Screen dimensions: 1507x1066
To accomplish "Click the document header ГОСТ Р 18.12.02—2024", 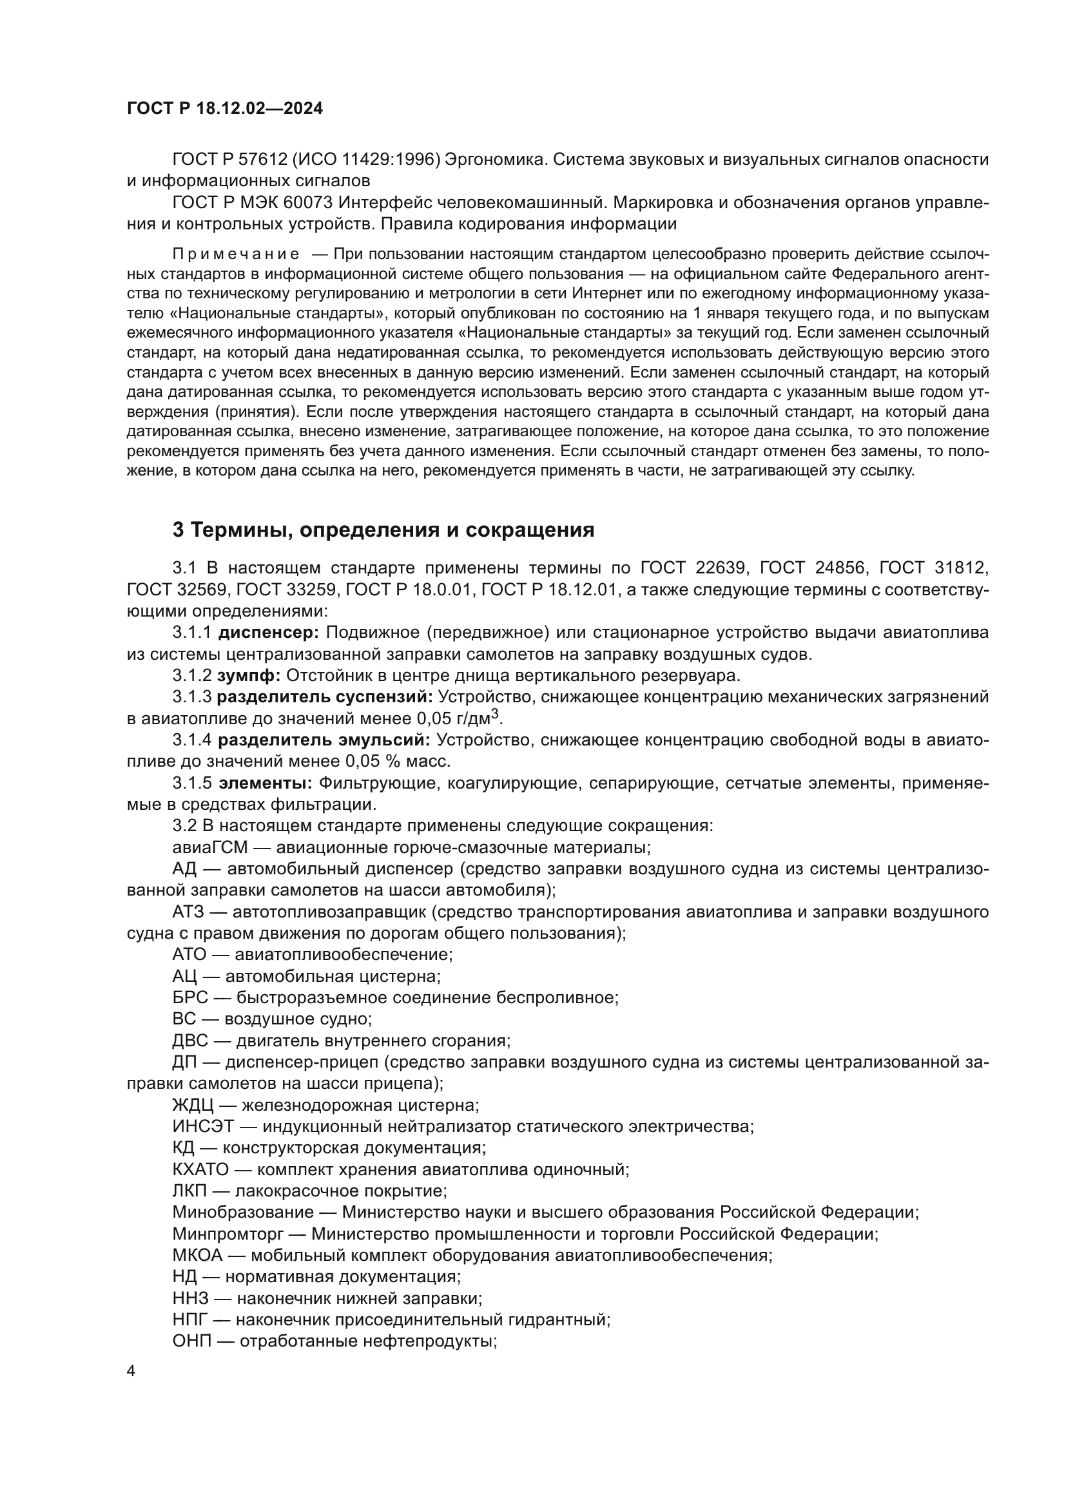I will coord(224,109).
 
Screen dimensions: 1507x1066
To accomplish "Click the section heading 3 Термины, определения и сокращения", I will coord(383,530).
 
